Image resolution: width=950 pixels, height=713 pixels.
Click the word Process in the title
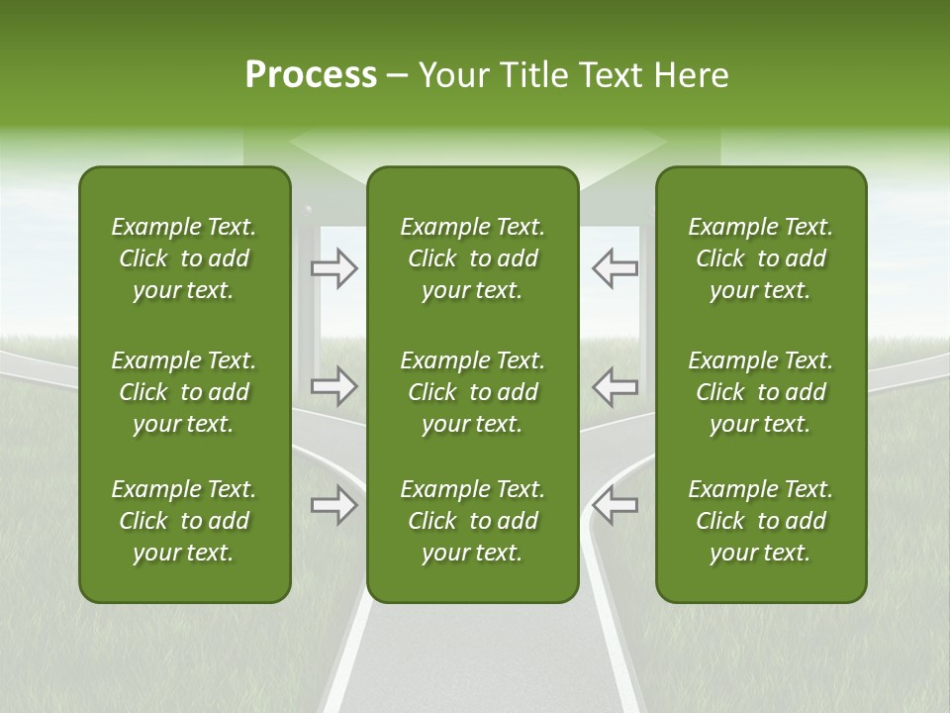311,75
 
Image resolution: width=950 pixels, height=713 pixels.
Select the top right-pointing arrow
334,268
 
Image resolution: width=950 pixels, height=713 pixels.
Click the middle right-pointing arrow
334,386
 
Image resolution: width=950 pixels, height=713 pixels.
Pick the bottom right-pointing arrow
334,505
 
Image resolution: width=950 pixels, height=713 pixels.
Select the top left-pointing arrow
615,268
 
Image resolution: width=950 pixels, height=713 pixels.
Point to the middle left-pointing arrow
615,386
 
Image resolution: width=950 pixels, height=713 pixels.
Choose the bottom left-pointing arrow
615,505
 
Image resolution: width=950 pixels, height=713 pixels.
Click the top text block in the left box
184,258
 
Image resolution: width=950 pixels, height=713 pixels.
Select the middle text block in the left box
184,392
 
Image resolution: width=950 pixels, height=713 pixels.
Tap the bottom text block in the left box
184,521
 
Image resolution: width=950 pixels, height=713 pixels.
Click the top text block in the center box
472,258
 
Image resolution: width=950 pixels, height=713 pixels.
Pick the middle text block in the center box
472,392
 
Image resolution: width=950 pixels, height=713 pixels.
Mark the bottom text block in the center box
472,521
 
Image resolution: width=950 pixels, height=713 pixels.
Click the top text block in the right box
760,258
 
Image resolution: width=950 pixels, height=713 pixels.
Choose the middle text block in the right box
760,392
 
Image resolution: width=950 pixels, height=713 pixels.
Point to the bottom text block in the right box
760,521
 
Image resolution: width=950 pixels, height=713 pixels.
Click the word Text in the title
609,75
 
